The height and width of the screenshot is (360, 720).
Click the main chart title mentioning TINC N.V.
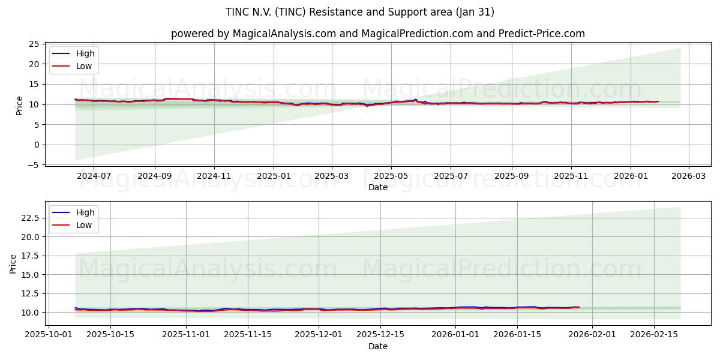[x=360, y=12]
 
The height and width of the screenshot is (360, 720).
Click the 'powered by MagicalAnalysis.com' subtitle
[x=378, y=34]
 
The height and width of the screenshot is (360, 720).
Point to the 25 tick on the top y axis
[x=34, y=44]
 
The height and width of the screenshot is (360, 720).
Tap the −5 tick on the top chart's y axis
[x=34, y=165]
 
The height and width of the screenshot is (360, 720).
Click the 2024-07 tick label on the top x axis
[x=94, y=176]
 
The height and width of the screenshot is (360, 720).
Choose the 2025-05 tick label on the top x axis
[x=391, y=176]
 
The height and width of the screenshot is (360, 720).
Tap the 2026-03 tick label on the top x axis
[x=688, y=176]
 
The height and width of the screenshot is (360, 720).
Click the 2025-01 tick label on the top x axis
[x=274, y=176]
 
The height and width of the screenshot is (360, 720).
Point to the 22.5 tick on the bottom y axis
[x=30, y=218]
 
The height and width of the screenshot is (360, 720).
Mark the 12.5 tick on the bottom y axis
[x=30, y=293]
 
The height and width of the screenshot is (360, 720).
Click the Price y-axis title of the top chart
[x=20, y=105]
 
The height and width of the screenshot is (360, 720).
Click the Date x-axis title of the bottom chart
[x=378, y=346]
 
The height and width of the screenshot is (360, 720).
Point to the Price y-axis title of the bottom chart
[x=13, y=264]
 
